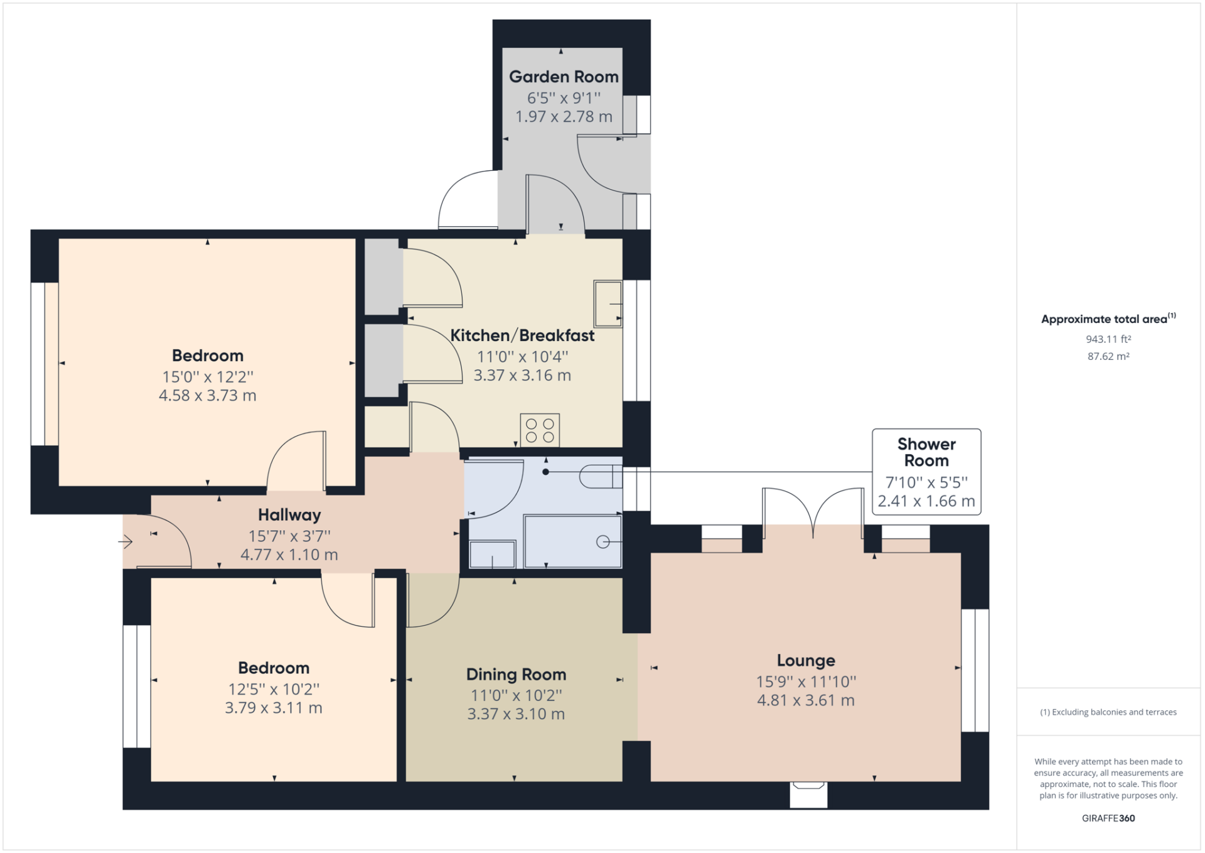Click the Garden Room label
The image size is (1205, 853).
click(564, 77)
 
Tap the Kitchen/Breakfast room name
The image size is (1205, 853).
click(522, 335)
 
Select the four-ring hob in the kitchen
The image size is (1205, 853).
click(540, 430)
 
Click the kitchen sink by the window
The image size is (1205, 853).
click(608, 304)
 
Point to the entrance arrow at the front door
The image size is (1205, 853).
click(126, 541)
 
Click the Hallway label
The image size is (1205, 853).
click(289, 515)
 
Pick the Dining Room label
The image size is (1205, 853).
click(516, 675)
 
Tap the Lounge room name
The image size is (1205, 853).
click(806, 661)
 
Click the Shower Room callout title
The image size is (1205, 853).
click(926, 452)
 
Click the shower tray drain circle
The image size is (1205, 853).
click(602, 541)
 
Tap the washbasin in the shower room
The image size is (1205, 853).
click(493, 554)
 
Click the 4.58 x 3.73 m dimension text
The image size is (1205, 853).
click(208, 396)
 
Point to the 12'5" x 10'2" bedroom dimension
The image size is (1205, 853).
click(274, 689)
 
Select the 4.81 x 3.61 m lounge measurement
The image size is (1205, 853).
click(806, 700)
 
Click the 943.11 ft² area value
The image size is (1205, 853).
click(1108, 339)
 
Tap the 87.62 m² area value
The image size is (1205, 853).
click(1108, 356)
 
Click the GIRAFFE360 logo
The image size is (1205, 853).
click(1108, 818)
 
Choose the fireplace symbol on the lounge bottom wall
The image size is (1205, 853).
click(808, 794)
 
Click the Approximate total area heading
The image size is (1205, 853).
click(1108, 318)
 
